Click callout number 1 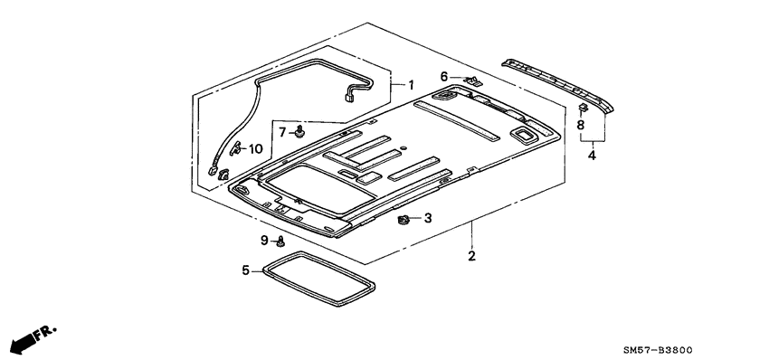[411, 85]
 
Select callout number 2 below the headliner [471, 256]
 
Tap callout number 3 [428, 218]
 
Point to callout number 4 [592, 156]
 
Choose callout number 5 [246, 270]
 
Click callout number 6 [444, 77]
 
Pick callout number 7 [282, 132]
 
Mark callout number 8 [581, 126]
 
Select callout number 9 [264, 241]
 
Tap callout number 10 [255, 149]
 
